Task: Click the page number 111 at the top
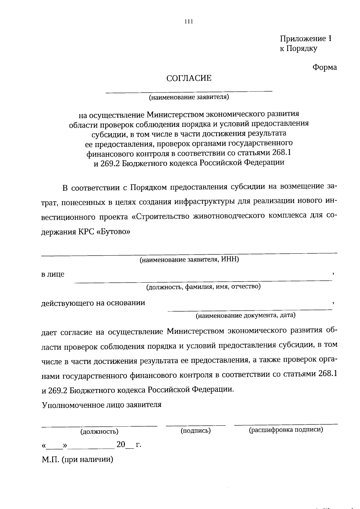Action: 189,21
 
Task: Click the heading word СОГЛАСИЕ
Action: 189,78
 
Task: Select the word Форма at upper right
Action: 325,67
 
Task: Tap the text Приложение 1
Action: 306,39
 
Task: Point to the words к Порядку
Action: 298,48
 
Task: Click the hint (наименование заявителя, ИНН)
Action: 189,260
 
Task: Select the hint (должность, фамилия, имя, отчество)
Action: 203,287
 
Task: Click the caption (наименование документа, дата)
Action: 245,315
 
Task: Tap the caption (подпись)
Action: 196,431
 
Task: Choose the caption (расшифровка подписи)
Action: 286,430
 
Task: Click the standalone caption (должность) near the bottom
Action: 99,432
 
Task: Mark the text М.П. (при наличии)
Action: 77,460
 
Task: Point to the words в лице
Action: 53,274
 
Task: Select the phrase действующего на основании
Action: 93,303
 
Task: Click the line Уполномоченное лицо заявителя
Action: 102,405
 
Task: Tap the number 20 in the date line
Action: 121,445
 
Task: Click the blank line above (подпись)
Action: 196,425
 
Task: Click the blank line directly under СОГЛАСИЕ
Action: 189,91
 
